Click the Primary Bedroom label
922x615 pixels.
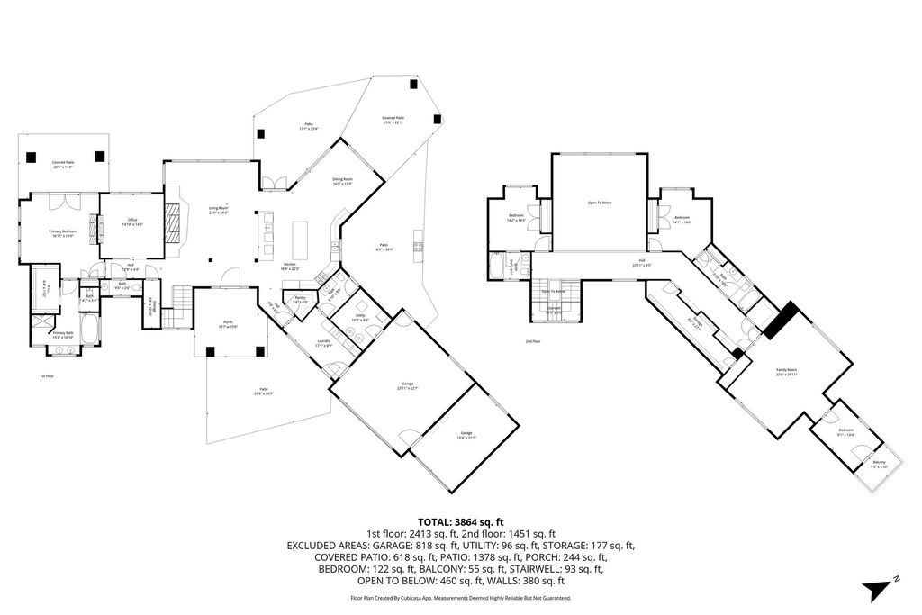tap(62, 231)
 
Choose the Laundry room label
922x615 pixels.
tap(324, 341)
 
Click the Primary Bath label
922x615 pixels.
tap(63, 335)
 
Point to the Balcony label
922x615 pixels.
tap(879, 464)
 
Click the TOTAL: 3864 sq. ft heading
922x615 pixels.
tap(460, 522)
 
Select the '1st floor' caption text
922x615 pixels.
tap(47, 376)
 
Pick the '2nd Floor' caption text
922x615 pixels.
tap(533, 342)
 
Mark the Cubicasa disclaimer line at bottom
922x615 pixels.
tap(460, 598)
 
